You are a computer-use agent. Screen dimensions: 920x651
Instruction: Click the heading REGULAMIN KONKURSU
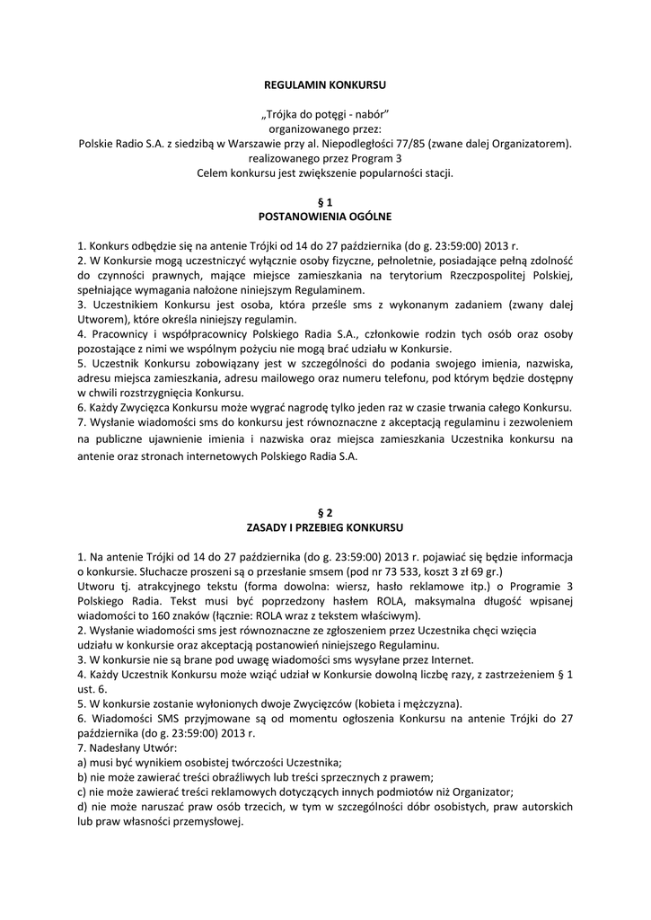(x=325, y=84)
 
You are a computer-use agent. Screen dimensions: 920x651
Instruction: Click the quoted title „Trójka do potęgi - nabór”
(x=325, y=113)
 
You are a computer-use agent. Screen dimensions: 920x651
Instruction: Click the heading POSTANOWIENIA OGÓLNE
(x=325, y=217)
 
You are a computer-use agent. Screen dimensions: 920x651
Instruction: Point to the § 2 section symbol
(x=325, y=511)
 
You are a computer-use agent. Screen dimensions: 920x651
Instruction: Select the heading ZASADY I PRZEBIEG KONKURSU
(x=325, y=526)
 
